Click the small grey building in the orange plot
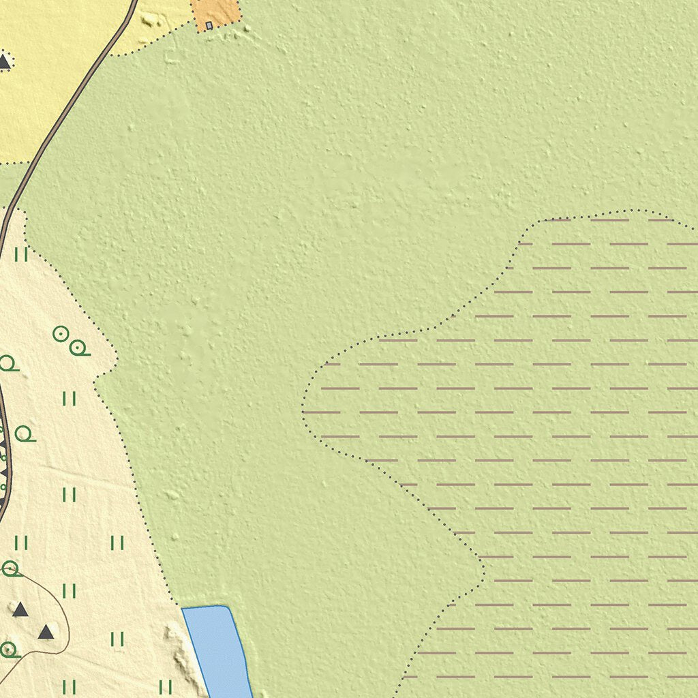click(209, 25)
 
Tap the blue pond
click(217, 648)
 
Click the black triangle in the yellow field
click(4, 61)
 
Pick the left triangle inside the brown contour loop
click(20, 609)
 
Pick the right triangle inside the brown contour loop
click(46, 632)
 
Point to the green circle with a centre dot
click(61, 333)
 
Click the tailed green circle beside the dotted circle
click(78, 348)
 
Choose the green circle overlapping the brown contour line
click(10, 568)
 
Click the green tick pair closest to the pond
click(166, 686)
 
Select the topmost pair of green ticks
click(21, 254)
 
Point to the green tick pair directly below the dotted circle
click(69, 399)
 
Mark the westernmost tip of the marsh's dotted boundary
click(303, 412)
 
